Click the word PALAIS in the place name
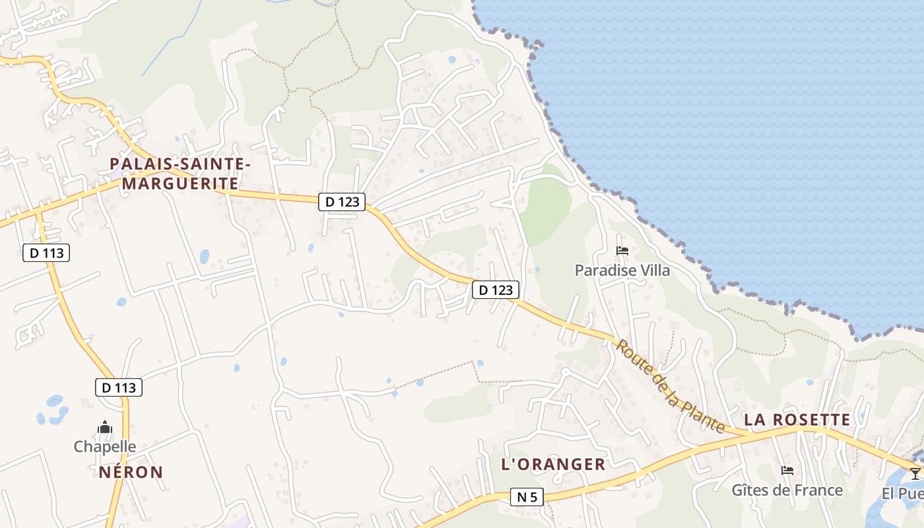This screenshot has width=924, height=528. pos(143,164)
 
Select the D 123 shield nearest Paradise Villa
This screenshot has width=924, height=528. pos(496,290)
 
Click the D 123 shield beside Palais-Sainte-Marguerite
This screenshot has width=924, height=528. pos(342,202)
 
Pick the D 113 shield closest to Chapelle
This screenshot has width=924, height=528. pos(119,387)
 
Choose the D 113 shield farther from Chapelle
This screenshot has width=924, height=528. pos(46,252)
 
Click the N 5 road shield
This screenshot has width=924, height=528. pos(527,497)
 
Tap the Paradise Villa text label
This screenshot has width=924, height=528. pos(622,270)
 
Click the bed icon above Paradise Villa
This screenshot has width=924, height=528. pos(622,251)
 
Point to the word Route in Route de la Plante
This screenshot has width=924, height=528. pos(632,358)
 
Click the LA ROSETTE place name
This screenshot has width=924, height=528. pos(797,420)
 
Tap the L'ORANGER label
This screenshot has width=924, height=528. pos(553,464)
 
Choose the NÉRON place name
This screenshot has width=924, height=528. pos(131,472)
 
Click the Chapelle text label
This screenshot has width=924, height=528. pos(105,447)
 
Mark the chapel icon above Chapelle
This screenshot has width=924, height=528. pos(105,428)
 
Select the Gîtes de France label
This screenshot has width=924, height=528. pos(787,490)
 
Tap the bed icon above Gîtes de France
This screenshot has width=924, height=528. pos(787,471)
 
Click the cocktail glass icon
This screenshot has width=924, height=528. pos(915,473)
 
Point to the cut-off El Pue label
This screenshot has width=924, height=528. pos(903,494)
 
